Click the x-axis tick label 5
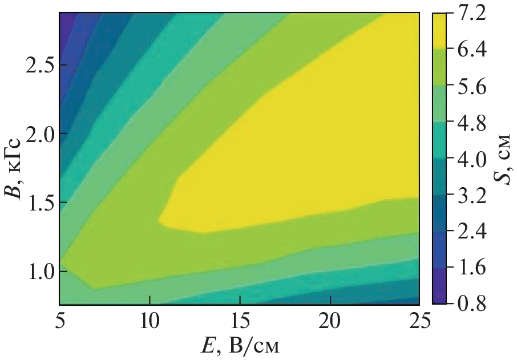pos(59,322)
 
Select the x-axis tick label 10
pos(150,322)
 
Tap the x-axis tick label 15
pos(240,322)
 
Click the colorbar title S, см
pos(500,159)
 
